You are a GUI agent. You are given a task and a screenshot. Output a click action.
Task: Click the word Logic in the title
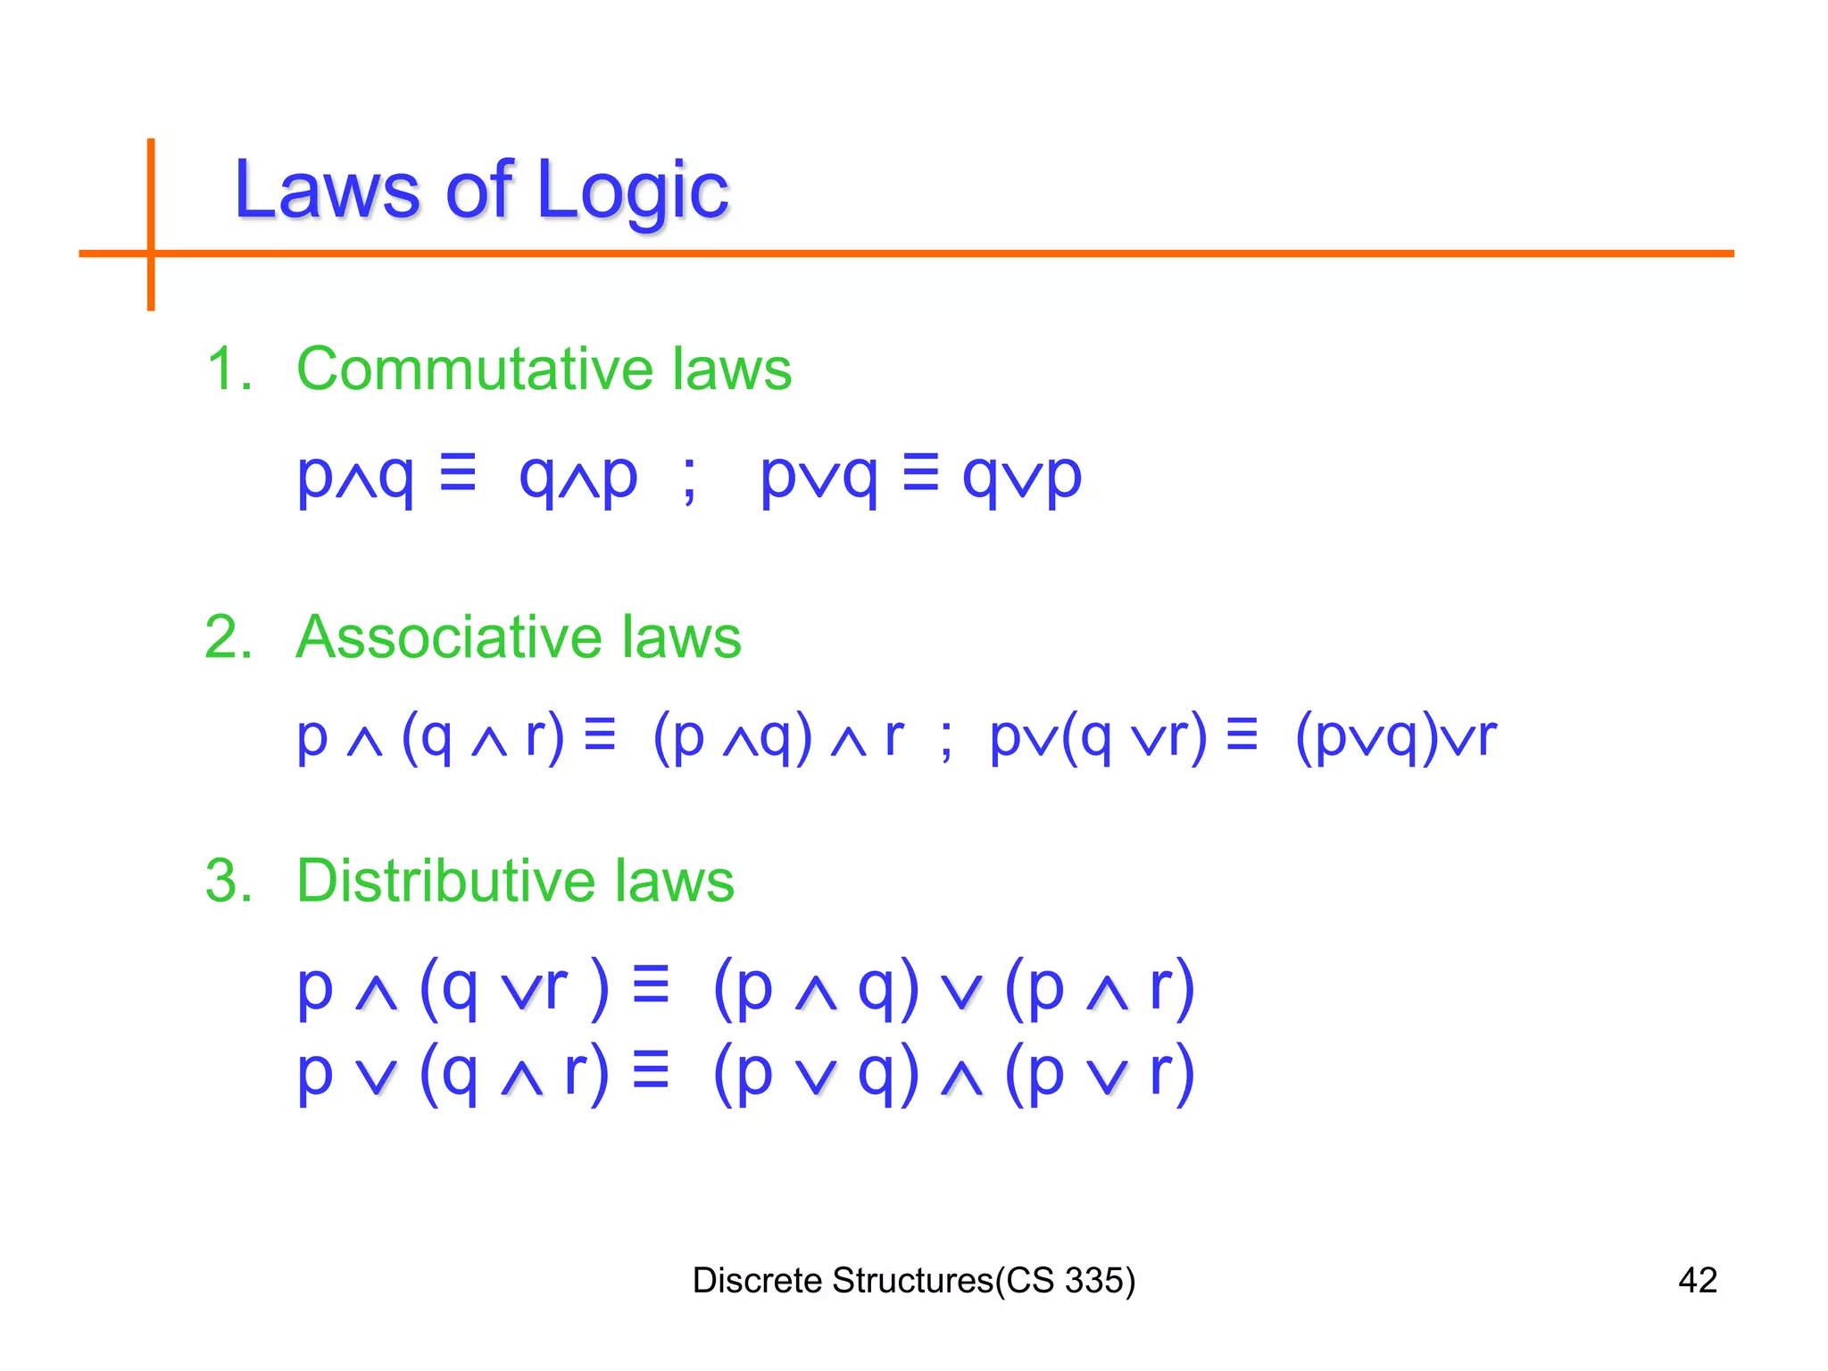[632, 192]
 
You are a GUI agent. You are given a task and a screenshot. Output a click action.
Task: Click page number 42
[1697, 1280]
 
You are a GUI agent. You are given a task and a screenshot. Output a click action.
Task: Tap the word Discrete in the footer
[757, 1280]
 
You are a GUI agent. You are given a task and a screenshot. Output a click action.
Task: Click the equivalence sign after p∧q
[458, 472]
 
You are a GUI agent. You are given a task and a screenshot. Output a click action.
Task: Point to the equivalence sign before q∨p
[920, 472]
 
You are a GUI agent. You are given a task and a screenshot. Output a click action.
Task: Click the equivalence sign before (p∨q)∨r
[1242, 735]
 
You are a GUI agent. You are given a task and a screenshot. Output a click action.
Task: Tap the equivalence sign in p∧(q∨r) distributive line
[650, 985]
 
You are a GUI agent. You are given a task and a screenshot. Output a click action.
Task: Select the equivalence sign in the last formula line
[650, 1070]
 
